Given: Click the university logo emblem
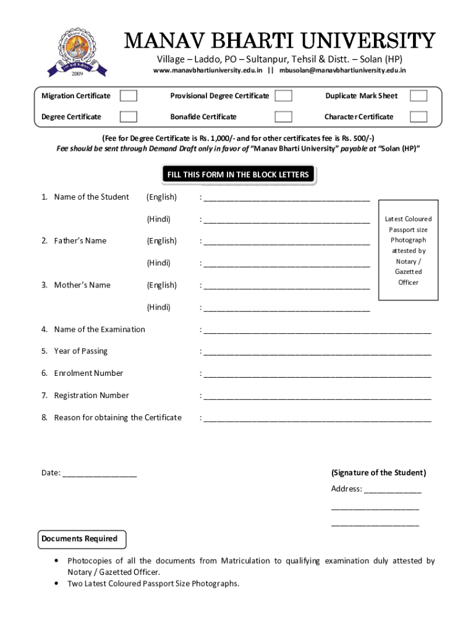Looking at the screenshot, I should pos(77,53).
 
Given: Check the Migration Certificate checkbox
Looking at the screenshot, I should pos(129,96).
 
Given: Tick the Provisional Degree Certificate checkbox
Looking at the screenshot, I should pos(283,96).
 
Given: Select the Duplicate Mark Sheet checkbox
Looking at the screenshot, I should pos(419,96).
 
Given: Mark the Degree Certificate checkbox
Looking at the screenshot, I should pos(129,117).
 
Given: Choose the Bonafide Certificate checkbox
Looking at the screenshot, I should pos(283,117).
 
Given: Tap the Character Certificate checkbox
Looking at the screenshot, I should pos(419,117).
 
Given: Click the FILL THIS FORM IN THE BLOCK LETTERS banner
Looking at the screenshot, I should pos(238,175).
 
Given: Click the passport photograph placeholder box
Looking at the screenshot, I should pos(408,251).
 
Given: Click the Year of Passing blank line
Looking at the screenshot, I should pos(317,352).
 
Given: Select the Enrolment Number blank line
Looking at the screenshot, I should pos(317,375).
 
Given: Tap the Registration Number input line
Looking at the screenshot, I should pos(317,397).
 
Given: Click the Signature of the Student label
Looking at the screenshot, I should pos(378,473).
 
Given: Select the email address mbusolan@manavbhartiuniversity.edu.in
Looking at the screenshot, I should pos(342,70).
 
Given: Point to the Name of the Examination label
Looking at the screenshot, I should pos(100,329).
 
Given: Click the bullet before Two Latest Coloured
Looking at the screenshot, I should pos(57,584).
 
